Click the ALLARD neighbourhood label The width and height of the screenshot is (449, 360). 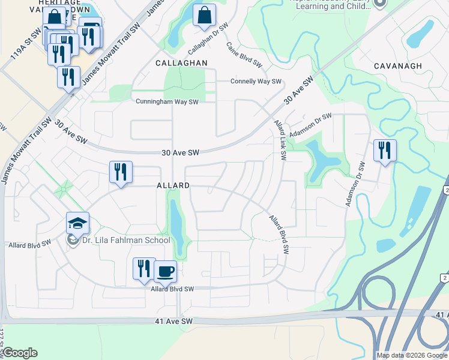point(173,186)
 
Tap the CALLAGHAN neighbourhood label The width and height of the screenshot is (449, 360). point(181,63)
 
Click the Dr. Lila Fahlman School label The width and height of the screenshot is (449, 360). point(127,240)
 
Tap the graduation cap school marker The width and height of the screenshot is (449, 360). point(77,223)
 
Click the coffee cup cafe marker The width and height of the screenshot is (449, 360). point(165,271)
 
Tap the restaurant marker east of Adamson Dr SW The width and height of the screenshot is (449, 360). point(385,150)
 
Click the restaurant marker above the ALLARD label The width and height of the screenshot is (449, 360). point(121,172)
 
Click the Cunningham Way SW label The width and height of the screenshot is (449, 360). point(167,102)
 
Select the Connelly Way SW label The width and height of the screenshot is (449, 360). point(256,82)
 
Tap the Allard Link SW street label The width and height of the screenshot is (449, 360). point(280,139)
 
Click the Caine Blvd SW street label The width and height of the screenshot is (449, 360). point(244,54)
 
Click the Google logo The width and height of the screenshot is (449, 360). point(20,353)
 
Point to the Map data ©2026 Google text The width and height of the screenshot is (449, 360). point(411,355)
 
